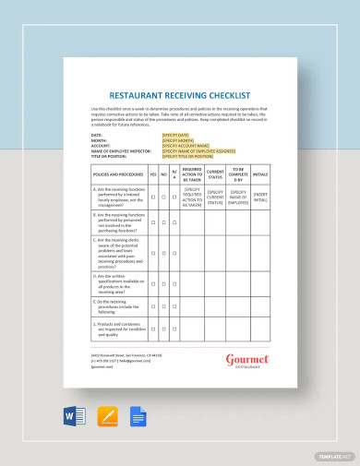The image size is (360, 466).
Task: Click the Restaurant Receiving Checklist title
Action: (x=179, y=92)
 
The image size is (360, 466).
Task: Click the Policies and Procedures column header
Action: (x=118, y=173)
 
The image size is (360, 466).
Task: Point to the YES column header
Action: (x=153, y=173)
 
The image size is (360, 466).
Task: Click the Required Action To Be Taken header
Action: (x=192, y=173)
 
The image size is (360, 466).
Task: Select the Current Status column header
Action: (x=215, y=173)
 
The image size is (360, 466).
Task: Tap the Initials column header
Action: (x=262, y=173)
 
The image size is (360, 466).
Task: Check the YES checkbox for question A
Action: (x=153, y=197)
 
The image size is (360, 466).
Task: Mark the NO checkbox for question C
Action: (x=164, y=249)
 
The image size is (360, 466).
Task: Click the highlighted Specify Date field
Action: (x=174, y=133)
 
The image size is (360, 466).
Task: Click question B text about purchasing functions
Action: (x=118, y=221)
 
